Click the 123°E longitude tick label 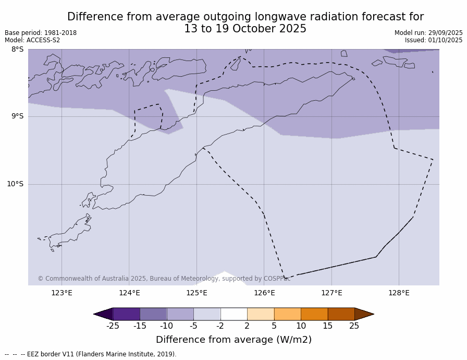62,293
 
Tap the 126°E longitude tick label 264,293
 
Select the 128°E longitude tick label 399,293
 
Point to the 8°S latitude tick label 17,50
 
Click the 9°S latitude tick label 17,116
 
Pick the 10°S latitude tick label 15,184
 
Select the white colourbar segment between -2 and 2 233,314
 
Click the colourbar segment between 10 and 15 314,314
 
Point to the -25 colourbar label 113,326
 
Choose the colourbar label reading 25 354,326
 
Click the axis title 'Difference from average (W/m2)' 233,340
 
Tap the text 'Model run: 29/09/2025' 428,33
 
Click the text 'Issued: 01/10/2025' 434,40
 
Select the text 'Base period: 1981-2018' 41,33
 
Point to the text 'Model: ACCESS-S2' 32,40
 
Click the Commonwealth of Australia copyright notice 164,279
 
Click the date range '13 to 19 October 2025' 245,29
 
